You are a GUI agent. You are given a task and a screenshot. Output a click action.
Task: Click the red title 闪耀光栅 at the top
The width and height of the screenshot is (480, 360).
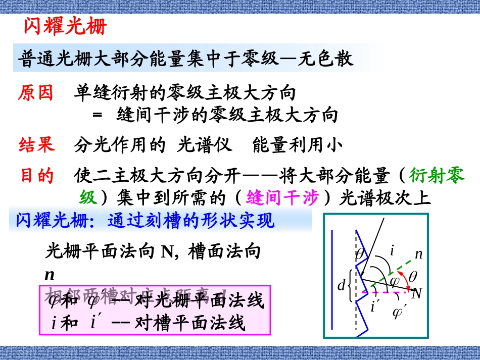pyautogui.click(x=66, y=26)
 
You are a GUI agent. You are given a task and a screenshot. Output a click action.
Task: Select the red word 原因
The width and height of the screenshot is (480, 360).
pyautogui.click(x=36, y=93)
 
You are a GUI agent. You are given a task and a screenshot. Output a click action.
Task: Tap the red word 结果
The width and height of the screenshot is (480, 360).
pyautogui.click(x=36, y=145)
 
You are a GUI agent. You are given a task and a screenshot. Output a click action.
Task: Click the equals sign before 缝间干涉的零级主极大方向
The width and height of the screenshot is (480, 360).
pyautogui.click(x=98, y=116)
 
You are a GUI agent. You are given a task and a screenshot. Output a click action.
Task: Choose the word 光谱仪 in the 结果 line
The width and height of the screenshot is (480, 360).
pyautogui.click(x=205, y=145)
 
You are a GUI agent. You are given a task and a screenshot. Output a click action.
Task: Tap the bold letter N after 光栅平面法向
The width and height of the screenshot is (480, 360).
pyautogui.click(x=167, y=251)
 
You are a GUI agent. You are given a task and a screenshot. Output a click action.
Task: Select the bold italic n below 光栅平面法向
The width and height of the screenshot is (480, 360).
pyautogui.click(x=50, y=275)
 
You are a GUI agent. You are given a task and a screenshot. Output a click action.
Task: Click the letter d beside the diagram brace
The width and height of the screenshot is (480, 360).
pyautogui.click(x=341, y=286)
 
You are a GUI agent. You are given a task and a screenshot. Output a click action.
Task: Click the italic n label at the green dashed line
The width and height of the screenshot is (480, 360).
pyautogui.click(x=418, y=254)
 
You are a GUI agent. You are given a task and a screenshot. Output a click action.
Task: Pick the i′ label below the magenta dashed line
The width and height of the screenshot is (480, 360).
pyautogui.click(x=375, y=306)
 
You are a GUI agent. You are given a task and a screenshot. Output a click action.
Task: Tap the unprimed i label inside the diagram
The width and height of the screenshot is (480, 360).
pyautogui.click(x=393, y=249)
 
